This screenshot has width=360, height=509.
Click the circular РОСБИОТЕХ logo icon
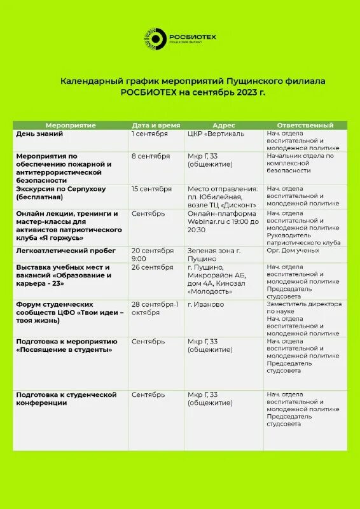pyautogui.click(x=155, y=38)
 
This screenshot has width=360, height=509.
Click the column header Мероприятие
pyautogui.click(x=71, y=125)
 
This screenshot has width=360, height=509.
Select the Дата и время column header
pyautogui.click(x=156, y=125)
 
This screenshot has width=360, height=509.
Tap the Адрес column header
pyautogui.click(x=224, y=125)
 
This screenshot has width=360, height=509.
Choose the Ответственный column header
pyautogui.click(x=305, y=125)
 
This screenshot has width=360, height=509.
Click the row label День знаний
pyautogui.click(x=39, y=134)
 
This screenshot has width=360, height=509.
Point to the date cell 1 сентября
pyautogui.click(x=149, y=134)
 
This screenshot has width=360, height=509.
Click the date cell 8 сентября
pyautogui.click(x=150, y=156)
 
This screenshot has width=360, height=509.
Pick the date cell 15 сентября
pyautogui.click(x=151, y=189)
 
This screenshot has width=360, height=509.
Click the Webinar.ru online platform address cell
pyautogui.click(x=222, y=221)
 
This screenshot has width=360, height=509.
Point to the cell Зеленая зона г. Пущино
pyautogui.click(x=214, y=254)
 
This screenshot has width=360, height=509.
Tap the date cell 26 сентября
pyautogui.click(x=153, y=267)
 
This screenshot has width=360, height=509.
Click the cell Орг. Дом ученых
pyautogui.click(x=293, y=251)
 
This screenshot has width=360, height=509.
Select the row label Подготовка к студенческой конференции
pyautogui.click(x=66, y=399)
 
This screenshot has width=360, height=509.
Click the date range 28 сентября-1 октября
pyautogui.click(x=155, y=308)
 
